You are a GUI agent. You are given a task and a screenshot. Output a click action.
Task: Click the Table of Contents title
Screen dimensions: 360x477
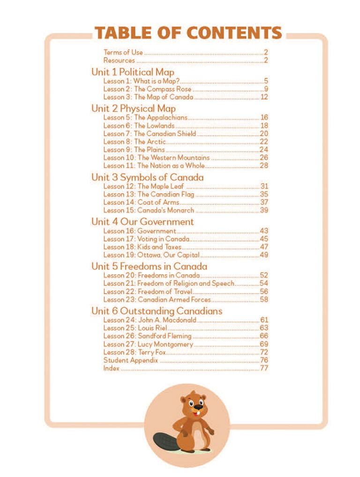click(188, 33)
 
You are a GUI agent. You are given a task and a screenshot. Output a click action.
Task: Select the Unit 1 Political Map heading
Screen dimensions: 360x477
click(133, 72)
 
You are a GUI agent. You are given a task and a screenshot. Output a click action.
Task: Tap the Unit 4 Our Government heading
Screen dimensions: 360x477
click(142, 221)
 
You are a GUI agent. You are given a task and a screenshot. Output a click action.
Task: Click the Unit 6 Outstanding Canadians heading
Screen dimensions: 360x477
click(157, 311)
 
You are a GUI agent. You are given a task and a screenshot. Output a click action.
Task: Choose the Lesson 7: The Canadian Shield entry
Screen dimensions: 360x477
click(150, 134)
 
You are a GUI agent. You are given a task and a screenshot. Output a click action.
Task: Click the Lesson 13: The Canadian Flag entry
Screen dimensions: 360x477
click(149, 194)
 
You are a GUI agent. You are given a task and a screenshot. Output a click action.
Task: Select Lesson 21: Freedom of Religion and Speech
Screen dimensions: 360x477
click(169, 283)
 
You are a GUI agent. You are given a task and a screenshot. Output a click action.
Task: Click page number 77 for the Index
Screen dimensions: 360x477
click(264, 369)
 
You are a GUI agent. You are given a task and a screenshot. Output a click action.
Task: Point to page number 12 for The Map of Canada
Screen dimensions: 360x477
click(264, 97)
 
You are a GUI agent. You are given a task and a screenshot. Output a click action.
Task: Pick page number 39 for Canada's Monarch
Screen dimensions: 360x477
click(264, 210)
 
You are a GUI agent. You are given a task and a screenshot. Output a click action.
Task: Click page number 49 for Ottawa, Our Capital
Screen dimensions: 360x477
click(264, 255)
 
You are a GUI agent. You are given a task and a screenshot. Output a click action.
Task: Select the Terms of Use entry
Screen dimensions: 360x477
click(123, 53)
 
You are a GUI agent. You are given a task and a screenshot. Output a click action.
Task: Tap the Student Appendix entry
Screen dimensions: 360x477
click(131, 360)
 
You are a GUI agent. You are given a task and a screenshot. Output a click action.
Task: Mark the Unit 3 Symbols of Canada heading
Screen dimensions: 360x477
click(147, 178)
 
